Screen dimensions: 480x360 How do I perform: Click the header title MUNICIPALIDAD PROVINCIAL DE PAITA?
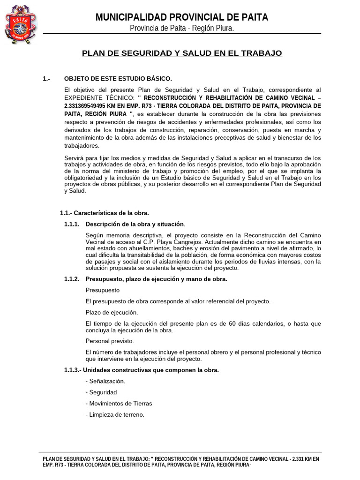(x=182, y=17)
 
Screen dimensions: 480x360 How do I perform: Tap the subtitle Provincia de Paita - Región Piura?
(x=182, y=29)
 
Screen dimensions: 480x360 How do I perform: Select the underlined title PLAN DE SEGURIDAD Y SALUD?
(x=182, y=53)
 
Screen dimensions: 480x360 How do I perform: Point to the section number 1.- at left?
(x=46, y=78)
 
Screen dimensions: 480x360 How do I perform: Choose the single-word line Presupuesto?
(x=102, y=290)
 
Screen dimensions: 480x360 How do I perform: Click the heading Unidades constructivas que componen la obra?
(x=152, y=370)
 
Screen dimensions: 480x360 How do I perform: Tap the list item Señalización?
(x=105, y=381)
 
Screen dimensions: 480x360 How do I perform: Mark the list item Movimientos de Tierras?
(x=119, y=403)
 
